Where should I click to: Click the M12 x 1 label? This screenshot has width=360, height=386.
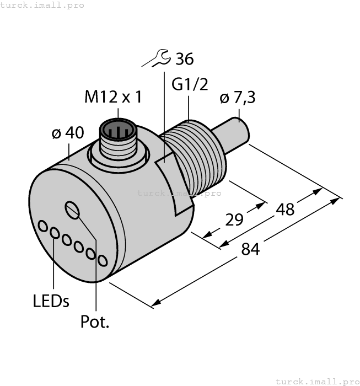click(x=113, y=97)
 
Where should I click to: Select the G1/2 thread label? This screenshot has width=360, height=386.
click(x=190, y=84)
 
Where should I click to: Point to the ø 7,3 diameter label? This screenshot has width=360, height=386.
click(x=238, y=98)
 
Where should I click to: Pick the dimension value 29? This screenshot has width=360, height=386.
click(x=235, y=219)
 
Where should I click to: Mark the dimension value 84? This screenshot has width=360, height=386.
click(x=251, y=249)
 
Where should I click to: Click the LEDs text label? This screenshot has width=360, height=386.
click(x=51, y=301)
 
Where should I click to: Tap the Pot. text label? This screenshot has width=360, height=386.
click(x=95, y=322)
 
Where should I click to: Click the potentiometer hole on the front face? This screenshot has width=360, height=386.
click(x=72, y=210)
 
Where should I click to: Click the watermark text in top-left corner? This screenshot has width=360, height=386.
click(x=42, y=5)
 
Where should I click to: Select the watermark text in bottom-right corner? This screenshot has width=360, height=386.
click(x=317, y=381)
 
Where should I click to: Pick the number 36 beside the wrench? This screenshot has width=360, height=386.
click(x=184, y=58)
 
